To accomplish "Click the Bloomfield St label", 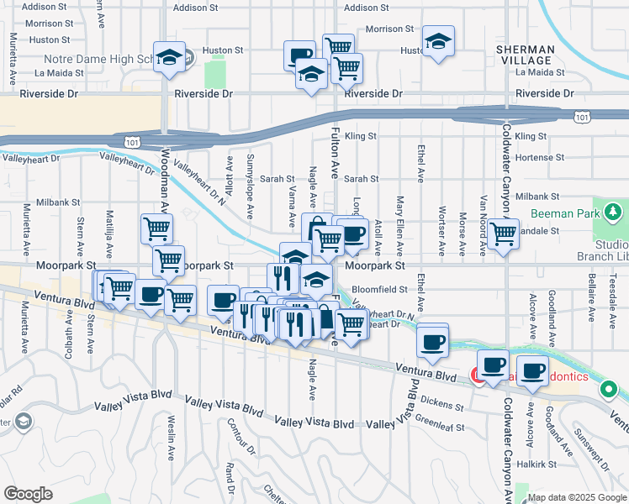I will pos(379,288).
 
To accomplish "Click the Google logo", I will pos(28,494).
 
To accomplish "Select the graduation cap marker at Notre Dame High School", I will pos(169,57).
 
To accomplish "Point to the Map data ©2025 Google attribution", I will pos(577,497).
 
